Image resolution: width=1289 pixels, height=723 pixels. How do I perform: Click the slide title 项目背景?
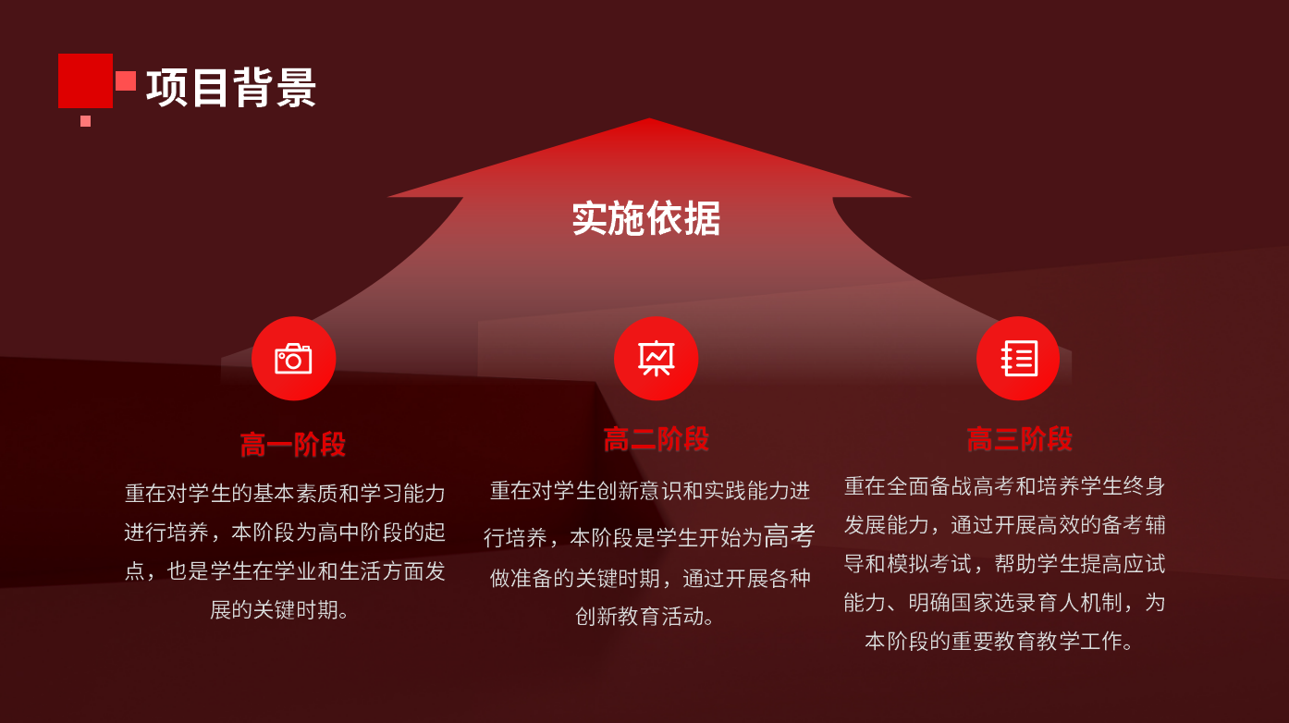coord(231,88)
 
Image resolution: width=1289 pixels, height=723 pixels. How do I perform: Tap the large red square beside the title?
coord(85,80)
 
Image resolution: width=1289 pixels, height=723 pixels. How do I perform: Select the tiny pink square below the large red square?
coord(85,121)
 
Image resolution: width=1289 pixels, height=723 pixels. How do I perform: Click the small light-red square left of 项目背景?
coord(126,81)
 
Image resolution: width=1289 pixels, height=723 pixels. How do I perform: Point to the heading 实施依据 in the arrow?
coord(645,218)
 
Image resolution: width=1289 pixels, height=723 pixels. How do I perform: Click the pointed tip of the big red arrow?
coord(649,119)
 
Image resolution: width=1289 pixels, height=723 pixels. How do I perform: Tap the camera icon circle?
coord(293,359)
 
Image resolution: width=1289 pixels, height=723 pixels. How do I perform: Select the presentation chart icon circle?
coord(656,359)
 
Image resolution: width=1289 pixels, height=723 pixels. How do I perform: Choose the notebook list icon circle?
coord(1019,359)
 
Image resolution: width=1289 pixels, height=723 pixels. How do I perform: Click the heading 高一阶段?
coord(293,444)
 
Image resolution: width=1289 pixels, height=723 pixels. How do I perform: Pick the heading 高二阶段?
coord(656,439)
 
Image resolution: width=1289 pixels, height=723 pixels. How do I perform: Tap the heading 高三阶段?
coord(1019,439)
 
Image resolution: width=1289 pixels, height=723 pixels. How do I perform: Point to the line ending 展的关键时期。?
coord(279,609)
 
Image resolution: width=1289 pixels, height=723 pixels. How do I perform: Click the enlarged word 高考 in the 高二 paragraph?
coord(789,536)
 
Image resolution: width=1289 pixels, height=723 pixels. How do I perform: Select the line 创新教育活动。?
coord(645,617)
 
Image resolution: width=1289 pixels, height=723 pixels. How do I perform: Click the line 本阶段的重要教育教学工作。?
coord(1000,641)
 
